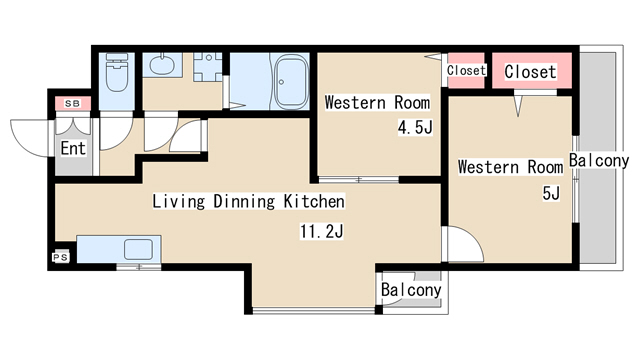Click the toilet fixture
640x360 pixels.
click(117, 72)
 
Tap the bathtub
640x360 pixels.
click(290, 82)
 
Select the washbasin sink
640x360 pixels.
click(162, 64)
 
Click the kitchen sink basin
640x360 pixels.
click(138, 249)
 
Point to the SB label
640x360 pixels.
click(73, 104)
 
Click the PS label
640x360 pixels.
click(60, 257)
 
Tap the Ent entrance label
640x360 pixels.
click(73, 148)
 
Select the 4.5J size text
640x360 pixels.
click(415, 128)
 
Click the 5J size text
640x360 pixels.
click(551, 193)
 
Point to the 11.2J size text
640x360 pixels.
click(322, 231)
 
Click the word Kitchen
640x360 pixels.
click(314, 201)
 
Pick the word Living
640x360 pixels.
click(178, 201)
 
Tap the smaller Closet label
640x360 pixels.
click(466, 70)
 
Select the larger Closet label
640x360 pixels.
click(530, 72)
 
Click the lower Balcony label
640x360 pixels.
click(411, 290)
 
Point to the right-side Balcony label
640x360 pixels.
click(599, 160)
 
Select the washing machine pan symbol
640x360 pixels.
click(208, 67)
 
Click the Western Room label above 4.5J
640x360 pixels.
click(377, 102)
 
